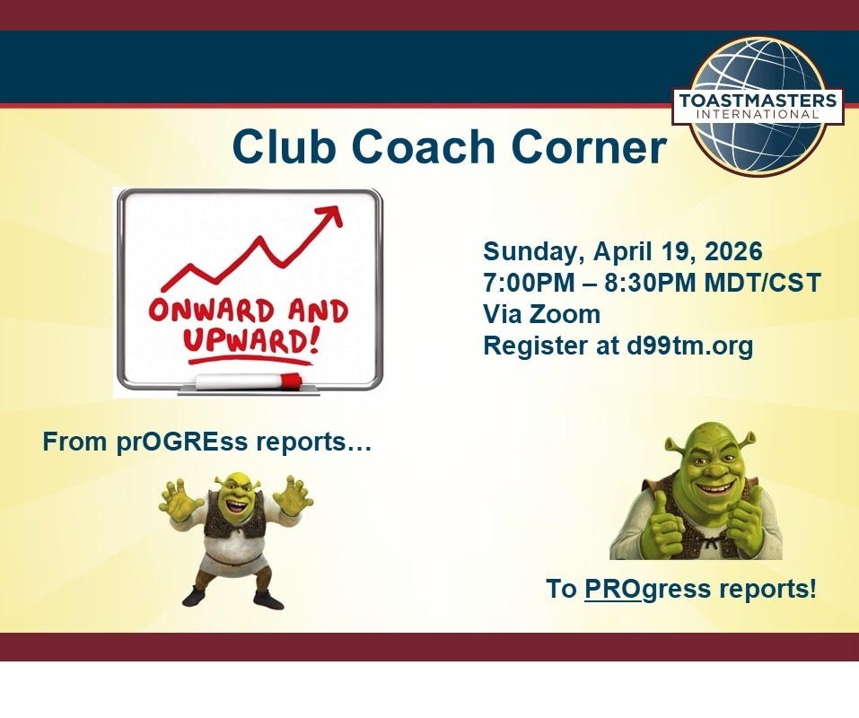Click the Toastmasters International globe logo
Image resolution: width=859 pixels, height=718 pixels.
(758, 105)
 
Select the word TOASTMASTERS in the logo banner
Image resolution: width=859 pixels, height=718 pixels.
(758, 101)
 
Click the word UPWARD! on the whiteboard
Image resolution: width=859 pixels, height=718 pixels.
(250, 341)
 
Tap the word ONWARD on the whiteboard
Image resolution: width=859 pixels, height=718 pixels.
(211, 311)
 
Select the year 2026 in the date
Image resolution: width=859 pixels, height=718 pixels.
(733, 251)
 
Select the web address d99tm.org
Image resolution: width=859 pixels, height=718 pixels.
(689, 346)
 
